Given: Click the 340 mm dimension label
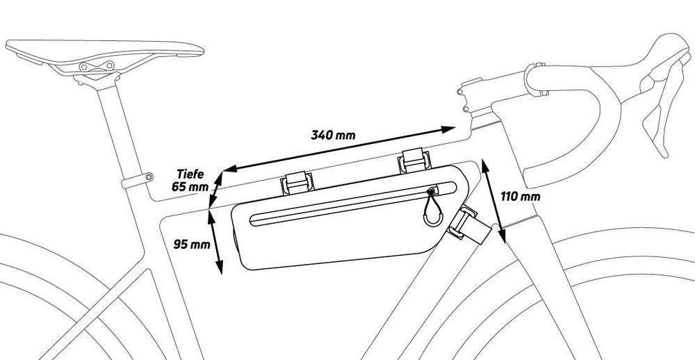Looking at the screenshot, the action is [x=333, y=135].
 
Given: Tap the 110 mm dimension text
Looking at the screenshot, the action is [x=521, y=197].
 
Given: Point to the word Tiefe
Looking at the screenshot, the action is [x=190, y=173].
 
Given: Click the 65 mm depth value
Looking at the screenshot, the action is [x=190, y=187].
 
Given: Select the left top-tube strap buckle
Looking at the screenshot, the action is [x=297, y=183].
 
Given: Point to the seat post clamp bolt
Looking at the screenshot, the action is [x=149, y=177].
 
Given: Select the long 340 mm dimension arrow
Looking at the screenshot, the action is [x=339, y=149].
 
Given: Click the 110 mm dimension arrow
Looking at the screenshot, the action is [x=493, y=202].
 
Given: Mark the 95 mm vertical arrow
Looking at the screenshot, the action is [x=215, y=242].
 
